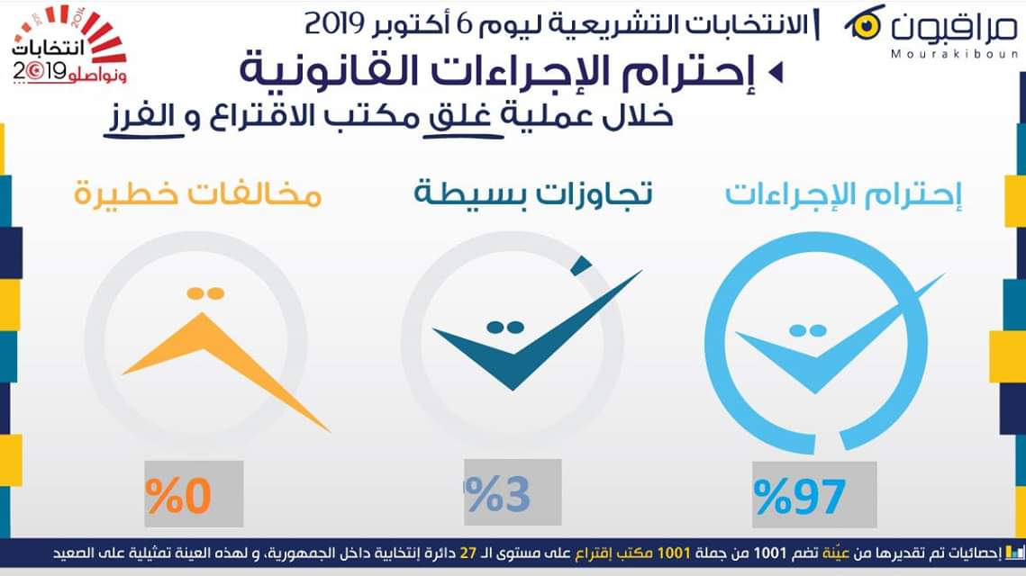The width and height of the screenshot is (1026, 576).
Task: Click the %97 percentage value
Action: pyautogui.click(x=800, y=497)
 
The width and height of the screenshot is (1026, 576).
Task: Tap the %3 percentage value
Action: pyautogui.click(x=498, y=495)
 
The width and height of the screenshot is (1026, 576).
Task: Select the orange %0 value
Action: pyautogui.click(x=178, y=496)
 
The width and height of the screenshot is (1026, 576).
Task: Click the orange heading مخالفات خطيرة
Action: pyautogui.click(x=197, y=194)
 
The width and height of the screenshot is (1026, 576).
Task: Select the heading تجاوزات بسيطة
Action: pyautogui.click(x=533, y=193)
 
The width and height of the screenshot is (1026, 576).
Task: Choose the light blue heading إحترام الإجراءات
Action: pyautogui.click(x=843, y=194)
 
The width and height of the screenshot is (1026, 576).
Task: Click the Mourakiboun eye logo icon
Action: pyautogui.click(x=865, y=25)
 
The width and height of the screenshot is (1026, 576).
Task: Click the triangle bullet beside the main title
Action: pyautogui.click(x=776, y=71)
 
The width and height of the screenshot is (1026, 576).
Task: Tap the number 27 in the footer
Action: pyautogui.click(x=468, y=553)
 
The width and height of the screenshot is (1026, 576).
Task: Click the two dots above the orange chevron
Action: pyautogui.click(x=205, y=293)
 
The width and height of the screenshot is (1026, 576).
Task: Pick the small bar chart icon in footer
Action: pyautogui.click(x=1015, y=553)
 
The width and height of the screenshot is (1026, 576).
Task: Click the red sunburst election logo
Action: pyautogui.click(x=69, y=44)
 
